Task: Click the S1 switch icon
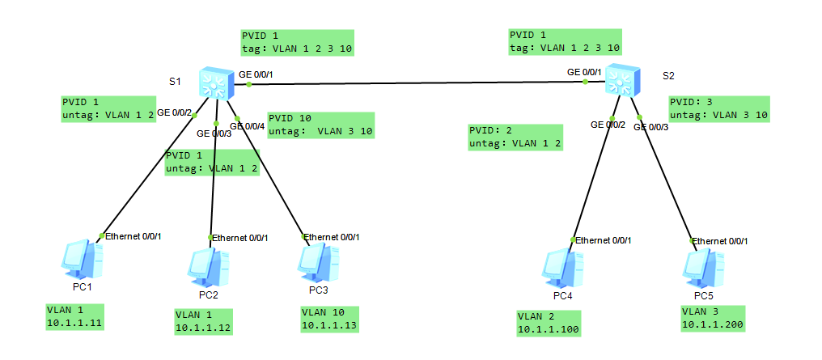[215, 82]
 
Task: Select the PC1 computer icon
[83, 260]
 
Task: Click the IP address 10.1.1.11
[77, 324]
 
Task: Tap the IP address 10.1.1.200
[712, 324]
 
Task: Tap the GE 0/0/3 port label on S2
[651, 127]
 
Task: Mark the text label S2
[668, 76]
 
